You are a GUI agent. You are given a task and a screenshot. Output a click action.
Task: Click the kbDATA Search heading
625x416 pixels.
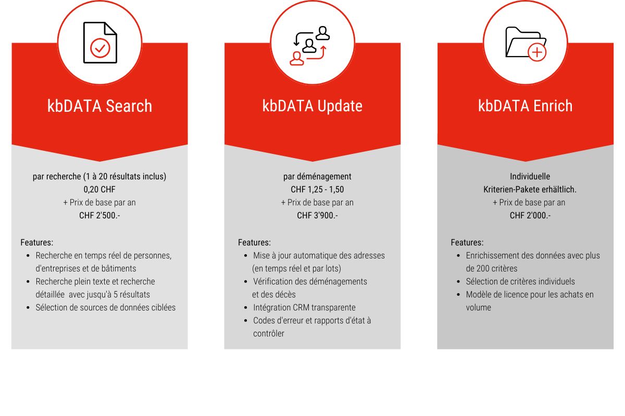pos(99,106)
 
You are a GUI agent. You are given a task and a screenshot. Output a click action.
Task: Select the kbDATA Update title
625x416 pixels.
pos(312,106)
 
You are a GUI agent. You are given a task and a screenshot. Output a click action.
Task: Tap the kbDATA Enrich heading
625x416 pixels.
pos(525,106)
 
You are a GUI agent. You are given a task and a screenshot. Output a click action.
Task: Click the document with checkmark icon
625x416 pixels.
pos(100,42)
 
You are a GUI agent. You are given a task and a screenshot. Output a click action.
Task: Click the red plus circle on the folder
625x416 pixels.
pos(537,53)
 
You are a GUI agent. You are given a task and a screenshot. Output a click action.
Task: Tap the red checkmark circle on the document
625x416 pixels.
pos(100,48)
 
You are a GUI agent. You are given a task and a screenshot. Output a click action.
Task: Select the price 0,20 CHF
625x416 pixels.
pos(99,189)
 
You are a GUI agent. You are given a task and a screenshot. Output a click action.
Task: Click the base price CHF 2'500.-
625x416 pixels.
pos(99,215)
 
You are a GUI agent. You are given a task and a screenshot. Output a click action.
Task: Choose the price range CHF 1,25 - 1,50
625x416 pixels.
pos(317,189)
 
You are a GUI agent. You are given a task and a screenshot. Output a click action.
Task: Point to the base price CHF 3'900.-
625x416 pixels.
pos(317,215)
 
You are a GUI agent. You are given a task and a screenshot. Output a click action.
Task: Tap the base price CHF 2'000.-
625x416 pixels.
pos(530,215)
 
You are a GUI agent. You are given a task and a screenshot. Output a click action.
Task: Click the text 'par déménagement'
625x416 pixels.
pos(317,176)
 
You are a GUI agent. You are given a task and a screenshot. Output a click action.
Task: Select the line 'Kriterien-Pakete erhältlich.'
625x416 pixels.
pos(530,189)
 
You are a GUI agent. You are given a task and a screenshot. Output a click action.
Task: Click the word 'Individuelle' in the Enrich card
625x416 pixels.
pos(530,176)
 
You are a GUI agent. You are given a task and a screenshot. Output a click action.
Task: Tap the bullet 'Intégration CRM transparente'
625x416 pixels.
pos(304,307)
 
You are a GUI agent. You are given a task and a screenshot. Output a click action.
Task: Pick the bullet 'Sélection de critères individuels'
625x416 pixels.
pos(520,281)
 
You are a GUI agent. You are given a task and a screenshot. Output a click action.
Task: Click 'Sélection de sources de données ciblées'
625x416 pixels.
pos(105,307)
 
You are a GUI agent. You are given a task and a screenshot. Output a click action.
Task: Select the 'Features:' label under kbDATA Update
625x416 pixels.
pos(254,242)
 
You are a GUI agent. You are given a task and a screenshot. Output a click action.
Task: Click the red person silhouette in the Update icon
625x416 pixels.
pos(296,59)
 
